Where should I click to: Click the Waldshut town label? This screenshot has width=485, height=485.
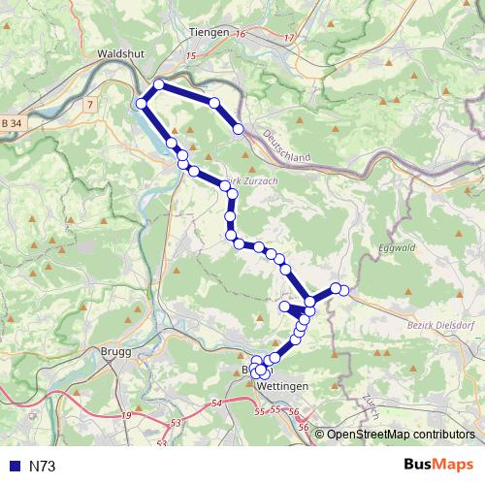(121, 55)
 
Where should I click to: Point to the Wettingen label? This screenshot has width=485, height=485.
(284, 386)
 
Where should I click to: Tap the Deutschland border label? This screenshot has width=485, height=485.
(285, 146)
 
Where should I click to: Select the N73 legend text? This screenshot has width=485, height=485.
(43, 467)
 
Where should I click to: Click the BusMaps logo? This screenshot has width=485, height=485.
(438, 466)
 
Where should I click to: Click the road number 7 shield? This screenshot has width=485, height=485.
(89, 103)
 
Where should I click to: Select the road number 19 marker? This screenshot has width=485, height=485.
(126, 415)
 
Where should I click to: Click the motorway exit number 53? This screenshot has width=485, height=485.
(175, 423)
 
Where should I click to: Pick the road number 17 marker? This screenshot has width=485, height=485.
(289, 38)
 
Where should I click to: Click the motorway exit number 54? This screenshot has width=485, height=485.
(215, 402)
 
